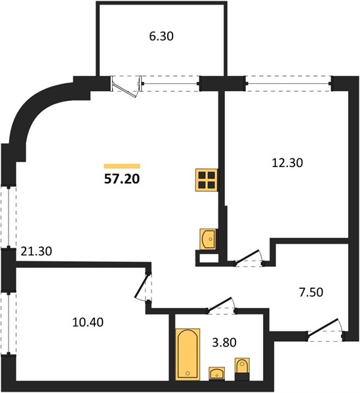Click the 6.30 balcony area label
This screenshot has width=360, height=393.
(161, 36)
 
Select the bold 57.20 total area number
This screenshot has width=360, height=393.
(122, 179)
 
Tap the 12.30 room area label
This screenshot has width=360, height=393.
(287, 163)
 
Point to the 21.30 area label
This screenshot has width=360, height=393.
(36, 252)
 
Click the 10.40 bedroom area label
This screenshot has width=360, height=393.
(88, 322)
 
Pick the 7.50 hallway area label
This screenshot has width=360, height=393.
(311, 293)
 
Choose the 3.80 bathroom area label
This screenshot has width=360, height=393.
(224, 343)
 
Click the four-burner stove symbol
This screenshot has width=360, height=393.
(207, 180)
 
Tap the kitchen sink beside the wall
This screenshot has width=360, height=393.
(208, 239)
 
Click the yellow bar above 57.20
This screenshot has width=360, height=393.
(122, 166)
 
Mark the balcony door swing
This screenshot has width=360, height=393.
(126, 86)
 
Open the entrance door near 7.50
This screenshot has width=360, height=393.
(326, 329)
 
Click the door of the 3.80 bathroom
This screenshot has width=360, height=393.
(222, 305)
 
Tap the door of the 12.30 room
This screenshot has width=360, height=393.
(249, 258)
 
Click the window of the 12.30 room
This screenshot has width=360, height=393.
(289, 83)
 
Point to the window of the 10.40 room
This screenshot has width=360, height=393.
(9, 323)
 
